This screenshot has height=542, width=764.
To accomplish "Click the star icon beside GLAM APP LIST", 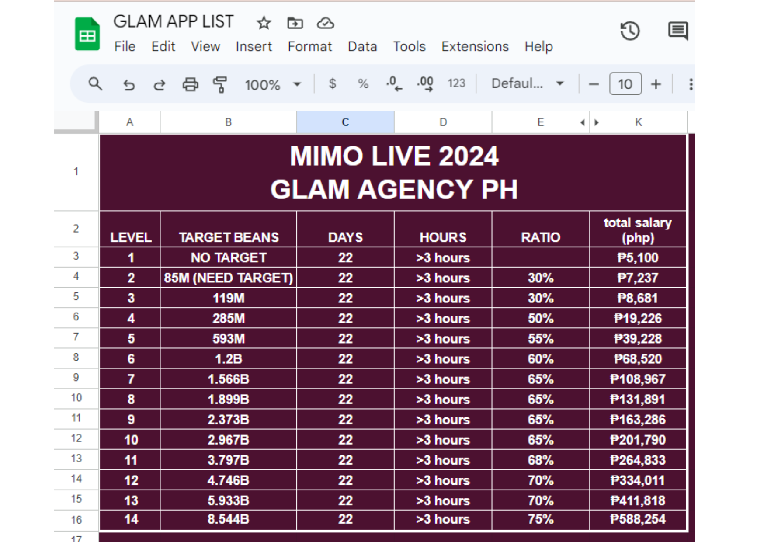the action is (264, 23).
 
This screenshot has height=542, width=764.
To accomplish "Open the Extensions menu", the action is (475, 46).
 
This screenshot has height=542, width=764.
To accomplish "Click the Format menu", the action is (309, 46).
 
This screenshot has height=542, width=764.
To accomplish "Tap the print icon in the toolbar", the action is (190, 84).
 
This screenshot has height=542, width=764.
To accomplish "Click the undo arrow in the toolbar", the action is (128, 84).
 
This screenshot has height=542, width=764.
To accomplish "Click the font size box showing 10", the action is (625, 84).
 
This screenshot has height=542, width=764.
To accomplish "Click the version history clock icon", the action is (630, 31).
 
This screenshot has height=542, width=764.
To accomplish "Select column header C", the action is (345, 122).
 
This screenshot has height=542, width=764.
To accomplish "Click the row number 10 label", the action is (76, 398).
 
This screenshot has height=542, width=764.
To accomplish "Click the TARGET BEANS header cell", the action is (229, 237).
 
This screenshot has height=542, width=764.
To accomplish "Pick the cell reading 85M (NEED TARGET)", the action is (229, 278).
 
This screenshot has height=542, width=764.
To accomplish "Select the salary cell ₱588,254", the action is (638, 519).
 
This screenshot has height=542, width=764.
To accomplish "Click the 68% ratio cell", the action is (541, 460).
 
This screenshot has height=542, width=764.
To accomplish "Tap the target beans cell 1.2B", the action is (229, 359).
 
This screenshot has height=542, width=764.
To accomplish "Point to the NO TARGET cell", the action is (229, 257).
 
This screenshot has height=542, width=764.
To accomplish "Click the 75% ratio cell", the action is (541, 519).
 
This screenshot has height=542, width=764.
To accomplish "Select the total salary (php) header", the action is (638, 230).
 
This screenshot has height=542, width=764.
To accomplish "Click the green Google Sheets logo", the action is (87, 34).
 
